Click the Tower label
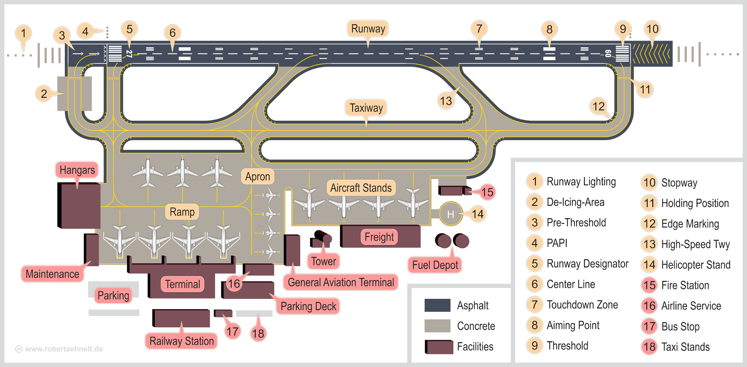pyautogui.click(x=324, y=261)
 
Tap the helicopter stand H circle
pyautogui.click(x=451, y=214)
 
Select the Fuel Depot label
pyautogui.click(x=435, y=265)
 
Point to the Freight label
pyautogui.click(x=379, y=237)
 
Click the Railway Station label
pyautogui.click(x=182, y=341)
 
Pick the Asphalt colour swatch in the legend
pyautogui.click(x=437, y=305)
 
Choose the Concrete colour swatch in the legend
pyautogui.click(x=437, y=326)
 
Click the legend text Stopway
pyautogui.click(x=679, y=183)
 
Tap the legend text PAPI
pyautogui.click(x=557, y=243)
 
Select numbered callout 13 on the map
pyautogui.click(x=446, y=101)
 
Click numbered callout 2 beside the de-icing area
pyautogui.click(x=44, y=94)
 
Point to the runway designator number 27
pyautogui.click(x=129, y=54)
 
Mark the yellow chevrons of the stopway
pyautogui.click(x=651, y=54)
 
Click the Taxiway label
pyautogui.click(x=366, y=108)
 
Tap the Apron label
pyautogui.click(x=258, y=177)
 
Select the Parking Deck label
pyautogui.click(x=308, y=306)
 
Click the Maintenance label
pyautogui.click(x=52, y=274)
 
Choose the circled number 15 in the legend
pyautogui.click(x=649, y=285)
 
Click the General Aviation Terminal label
pyautogui.click(x=341, y=282)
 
